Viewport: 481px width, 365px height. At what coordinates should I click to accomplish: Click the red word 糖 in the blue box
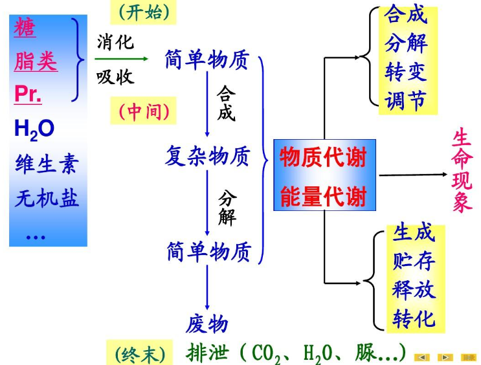point(25,28)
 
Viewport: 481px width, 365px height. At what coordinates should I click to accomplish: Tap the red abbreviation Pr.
point(28,94)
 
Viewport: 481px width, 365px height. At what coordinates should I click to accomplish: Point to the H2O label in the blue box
point(34,129)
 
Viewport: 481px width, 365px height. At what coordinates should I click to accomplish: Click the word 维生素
point(46,164)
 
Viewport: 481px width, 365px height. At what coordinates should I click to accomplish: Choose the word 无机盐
point(47,198)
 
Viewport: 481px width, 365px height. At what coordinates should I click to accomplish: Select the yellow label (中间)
point(144,112)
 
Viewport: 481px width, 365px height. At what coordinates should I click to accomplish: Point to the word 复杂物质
point(207,156)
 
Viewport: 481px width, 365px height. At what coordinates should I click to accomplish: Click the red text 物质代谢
point(323,157)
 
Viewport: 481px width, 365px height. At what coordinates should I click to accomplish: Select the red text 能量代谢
point(323,196)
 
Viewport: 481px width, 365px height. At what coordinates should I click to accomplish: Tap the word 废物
point(207,323)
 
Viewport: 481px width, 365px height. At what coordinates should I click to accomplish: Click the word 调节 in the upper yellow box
point(406,100)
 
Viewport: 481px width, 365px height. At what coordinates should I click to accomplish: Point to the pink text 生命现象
point(462,171)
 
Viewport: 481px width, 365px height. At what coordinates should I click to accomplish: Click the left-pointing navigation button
point(422,357)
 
